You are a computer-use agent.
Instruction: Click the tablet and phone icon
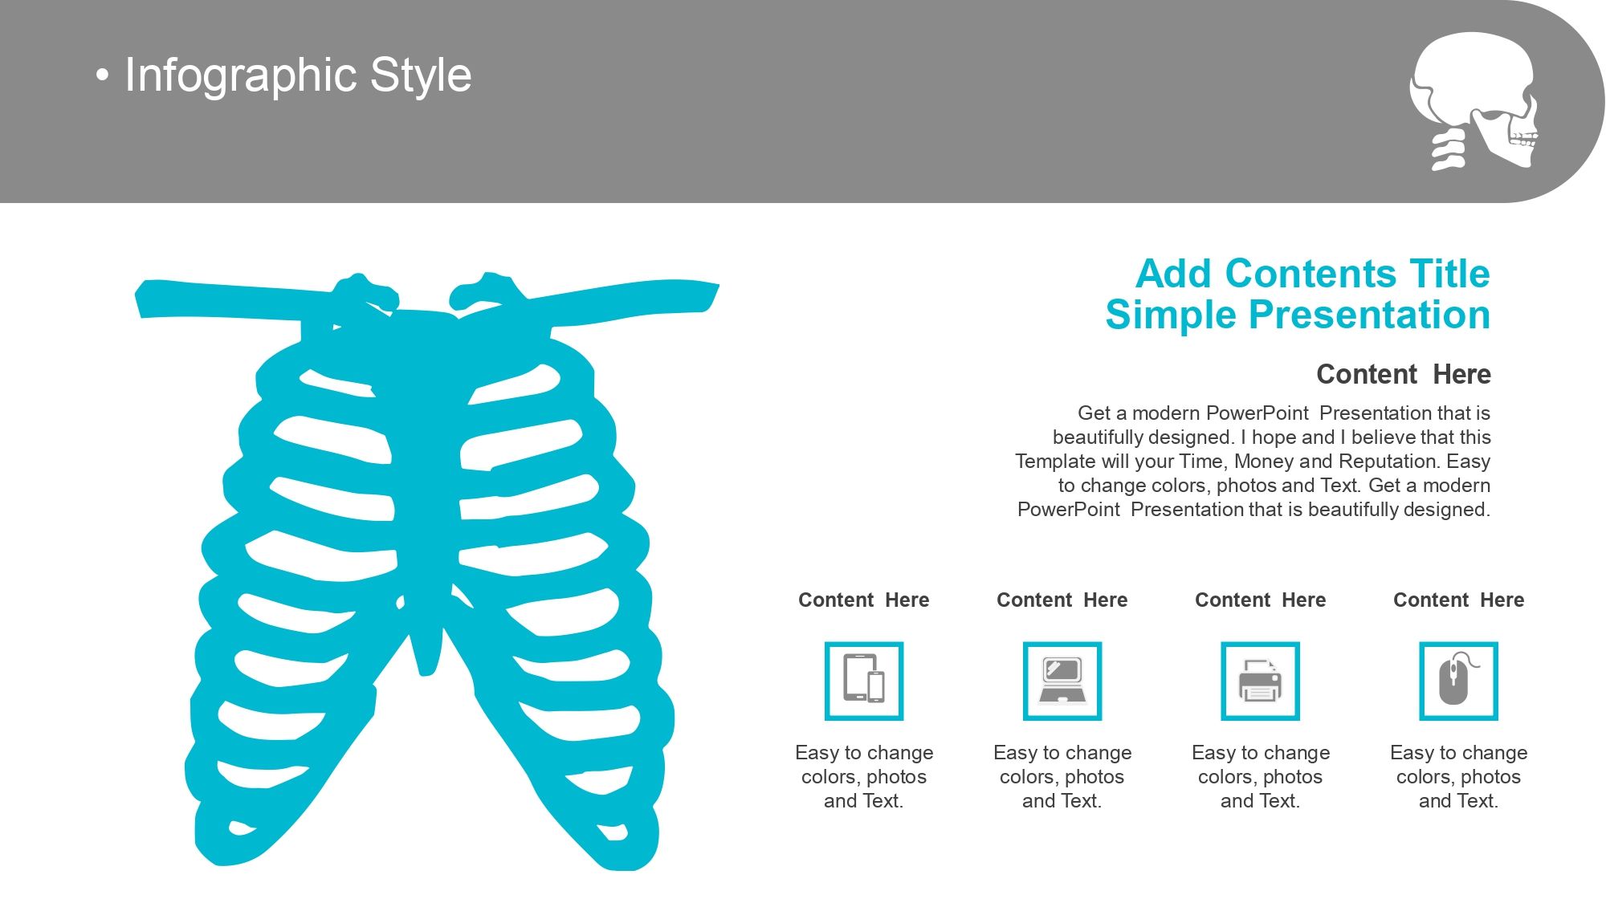pos(864,681)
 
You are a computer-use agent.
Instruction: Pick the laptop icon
pos(1062,681)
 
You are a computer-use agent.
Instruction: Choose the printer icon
pos(1261,681)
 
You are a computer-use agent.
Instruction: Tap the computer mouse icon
pos(1459,681)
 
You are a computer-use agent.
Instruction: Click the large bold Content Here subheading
pos(1404,374)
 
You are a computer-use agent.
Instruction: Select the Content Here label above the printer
pos(1261,600)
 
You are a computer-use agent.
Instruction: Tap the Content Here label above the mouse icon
pos(1459,600)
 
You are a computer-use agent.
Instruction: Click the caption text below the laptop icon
pos(1062,776)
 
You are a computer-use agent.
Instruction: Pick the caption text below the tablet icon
pos(864,776)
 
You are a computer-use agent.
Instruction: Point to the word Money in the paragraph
pos(1263,462)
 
